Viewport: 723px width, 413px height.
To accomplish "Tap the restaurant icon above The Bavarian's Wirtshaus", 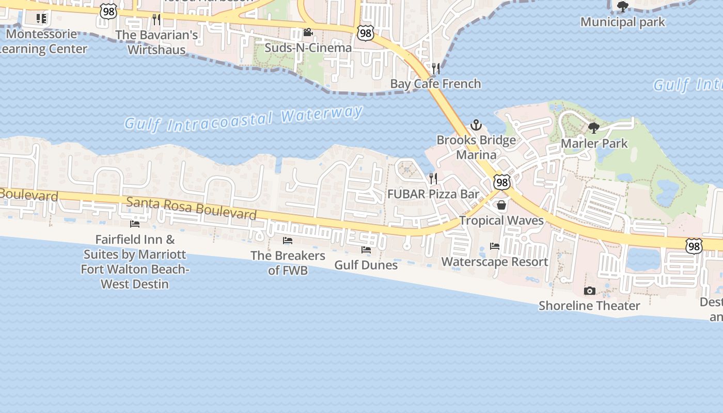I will (x=156, y=20).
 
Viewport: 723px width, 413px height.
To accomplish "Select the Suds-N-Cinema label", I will (x=308, y=47).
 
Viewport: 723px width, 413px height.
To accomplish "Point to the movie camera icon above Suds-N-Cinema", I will (x=308, y=33).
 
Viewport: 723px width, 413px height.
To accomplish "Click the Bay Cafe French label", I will (x=435, y=84).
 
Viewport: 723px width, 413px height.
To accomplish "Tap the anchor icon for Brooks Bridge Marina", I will (x=476, y=125).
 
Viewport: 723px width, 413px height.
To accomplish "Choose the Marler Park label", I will (x=594, y=144).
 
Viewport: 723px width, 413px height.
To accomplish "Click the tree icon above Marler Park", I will (x=594, y=128).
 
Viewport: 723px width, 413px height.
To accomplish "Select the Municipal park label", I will (x=623, y=22).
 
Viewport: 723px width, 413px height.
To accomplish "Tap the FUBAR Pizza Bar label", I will (x=433, y=195).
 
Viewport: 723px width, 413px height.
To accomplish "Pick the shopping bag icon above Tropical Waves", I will (x=501, y=205).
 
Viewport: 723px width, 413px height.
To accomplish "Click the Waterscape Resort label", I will (x=495, y=262).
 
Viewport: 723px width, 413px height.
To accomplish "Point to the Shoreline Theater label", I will (x=589, y=306).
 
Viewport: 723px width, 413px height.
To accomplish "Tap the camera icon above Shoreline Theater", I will (x=589, y=291).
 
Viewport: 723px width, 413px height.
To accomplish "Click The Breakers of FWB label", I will (x=288, y=263).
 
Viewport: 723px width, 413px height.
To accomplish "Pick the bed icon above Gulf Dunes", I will (x=366, y=250).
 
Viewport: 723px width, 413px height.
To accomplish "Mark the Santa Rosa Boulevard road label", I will (x=191, y=208).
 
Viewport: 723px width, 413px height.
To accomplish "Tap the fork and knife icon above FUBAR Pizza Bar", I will (x=433, y=179).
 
